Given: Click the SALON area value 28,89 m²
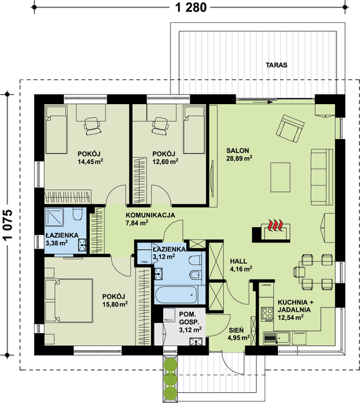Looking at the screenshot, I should click(x=239, y=159).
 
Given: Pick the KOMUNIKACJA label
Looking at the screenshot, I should click(x=150, y=215).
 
